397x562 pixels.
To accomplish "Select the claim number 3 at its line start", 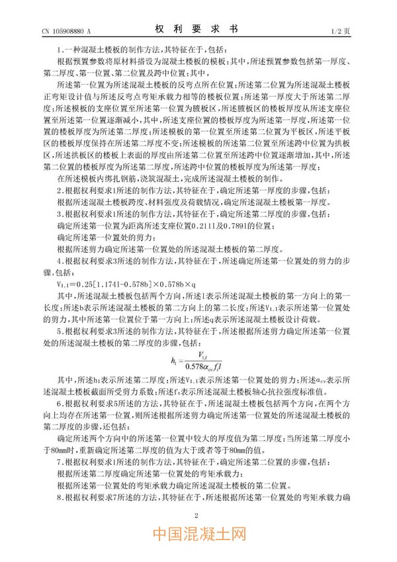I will (x=60, y=214).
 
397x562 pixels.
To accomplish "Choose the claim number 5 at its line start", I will (x=60, y=330).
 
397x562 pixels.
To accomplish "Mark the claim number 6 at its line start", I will (x=60, y=402).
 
